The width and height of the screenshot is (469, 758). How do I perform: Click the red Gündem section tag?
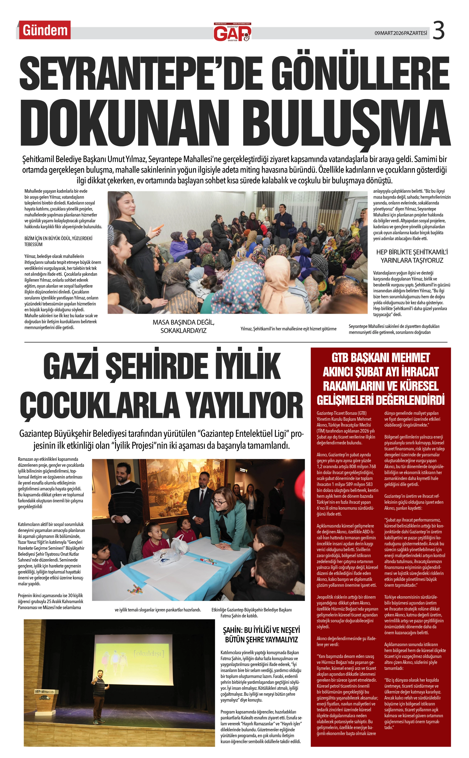(x=45, y=30)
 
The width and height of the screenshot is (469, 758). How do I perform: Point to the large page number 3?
(x=438, y=30)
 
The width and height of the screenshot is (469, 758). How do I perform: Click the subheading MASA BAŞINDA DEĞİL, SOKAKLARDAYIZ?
(x=183, y=327)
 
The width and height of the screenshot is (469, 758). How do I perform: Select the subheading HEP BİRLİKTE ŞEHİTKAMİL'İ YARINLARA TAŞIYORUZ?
(x=412, y=256)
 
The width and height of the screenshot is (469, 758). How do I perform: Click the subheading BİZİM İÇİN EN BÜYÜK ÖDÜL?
(x=58, y=241)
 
